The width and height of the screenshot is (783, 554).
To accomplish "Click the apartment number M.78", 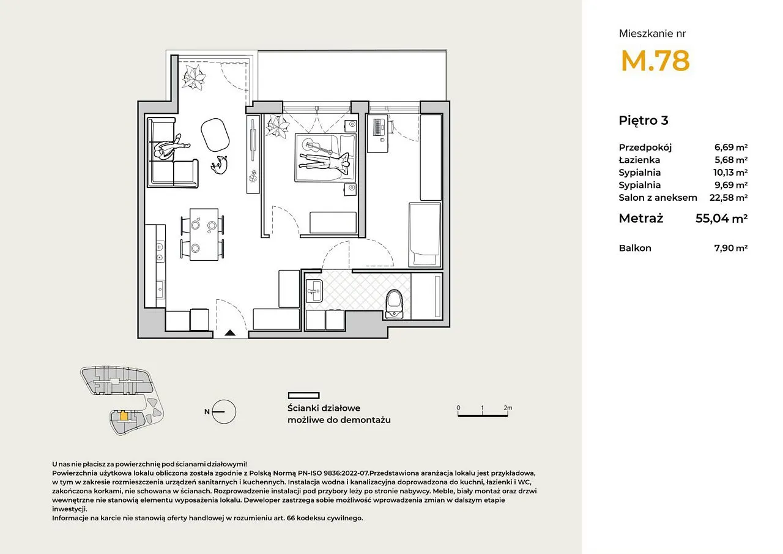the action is (655, 61).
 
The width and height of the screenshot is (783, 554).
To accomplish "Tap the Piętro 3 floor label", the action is (643, 121).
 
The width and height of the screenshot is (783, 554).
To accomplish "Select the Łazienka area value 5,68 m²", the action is (731, 160).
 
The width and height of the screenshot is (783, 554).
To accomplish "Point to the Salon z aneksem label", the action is (658, 198).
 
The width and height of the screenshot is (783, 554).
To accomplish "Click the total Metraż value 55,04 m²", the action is (721, 219).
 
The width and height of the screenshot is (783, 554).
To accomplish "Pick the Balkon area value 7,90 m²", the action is (731, 248).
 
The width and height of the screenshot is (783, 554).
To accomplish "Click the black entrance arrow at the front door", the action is (230, 332).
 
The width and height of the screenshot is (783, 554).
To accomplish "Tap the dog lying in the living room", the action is (219, 165).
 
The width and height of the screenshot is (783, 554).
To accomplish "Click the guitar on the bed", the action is (318, 148).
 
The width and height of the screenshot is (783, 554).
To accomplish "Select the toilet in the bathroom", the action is (394, 304).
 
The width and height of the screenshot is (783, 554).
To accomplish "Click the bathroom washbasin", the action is (314, 291).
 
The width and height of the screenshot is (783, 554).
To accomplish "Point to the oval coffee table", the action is (215, 135).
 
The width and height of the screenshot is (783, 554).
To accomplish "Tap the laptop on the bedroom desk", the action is (379, 127).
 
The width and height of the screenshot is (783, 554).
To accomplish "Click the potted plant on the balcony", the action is (193, 78).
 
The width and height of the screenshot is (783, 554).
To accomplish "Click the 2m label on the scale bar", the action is (508, 408).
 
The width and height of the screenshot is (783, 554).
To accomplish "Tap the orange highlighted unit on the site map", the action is (124, 416).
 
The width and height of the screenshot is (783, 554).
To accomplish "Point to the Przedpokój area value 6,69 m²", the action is (731, 148).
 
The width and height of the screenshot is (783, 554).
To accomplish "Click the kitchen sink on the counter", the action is (160, 289).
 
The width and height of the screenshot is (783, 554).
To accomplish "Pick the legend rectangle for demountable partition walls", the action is (303, 395).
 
